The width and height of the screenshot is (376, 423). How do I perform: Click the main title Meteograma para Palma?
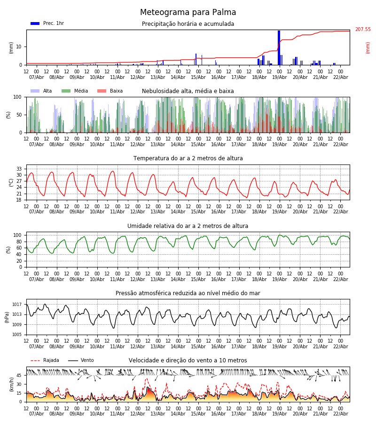188,13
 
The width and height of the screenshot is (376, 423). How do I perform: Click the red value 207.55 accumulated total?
362,30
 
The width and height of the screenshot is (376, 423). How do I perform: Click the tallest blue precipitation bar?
279,47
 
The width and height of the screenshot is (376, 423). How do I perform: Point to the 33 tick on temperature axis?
19,169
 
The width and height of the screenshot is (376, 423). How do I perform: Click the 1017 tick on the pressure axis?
17,304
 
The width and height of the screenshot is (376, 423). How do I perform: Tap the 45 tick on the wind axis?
19,376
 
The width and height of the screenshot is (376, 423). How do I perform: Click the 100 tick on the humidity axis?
18,235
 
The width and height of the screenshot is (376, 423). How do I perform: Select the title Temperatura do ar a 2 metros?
188,158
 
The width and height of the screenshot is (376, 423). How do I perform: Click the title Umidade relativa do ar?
188,226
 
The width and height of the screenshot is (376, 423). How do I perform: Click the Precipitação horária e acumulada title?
188,24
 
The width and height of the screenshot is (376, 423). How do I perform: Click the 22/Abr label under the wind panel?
340,414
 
